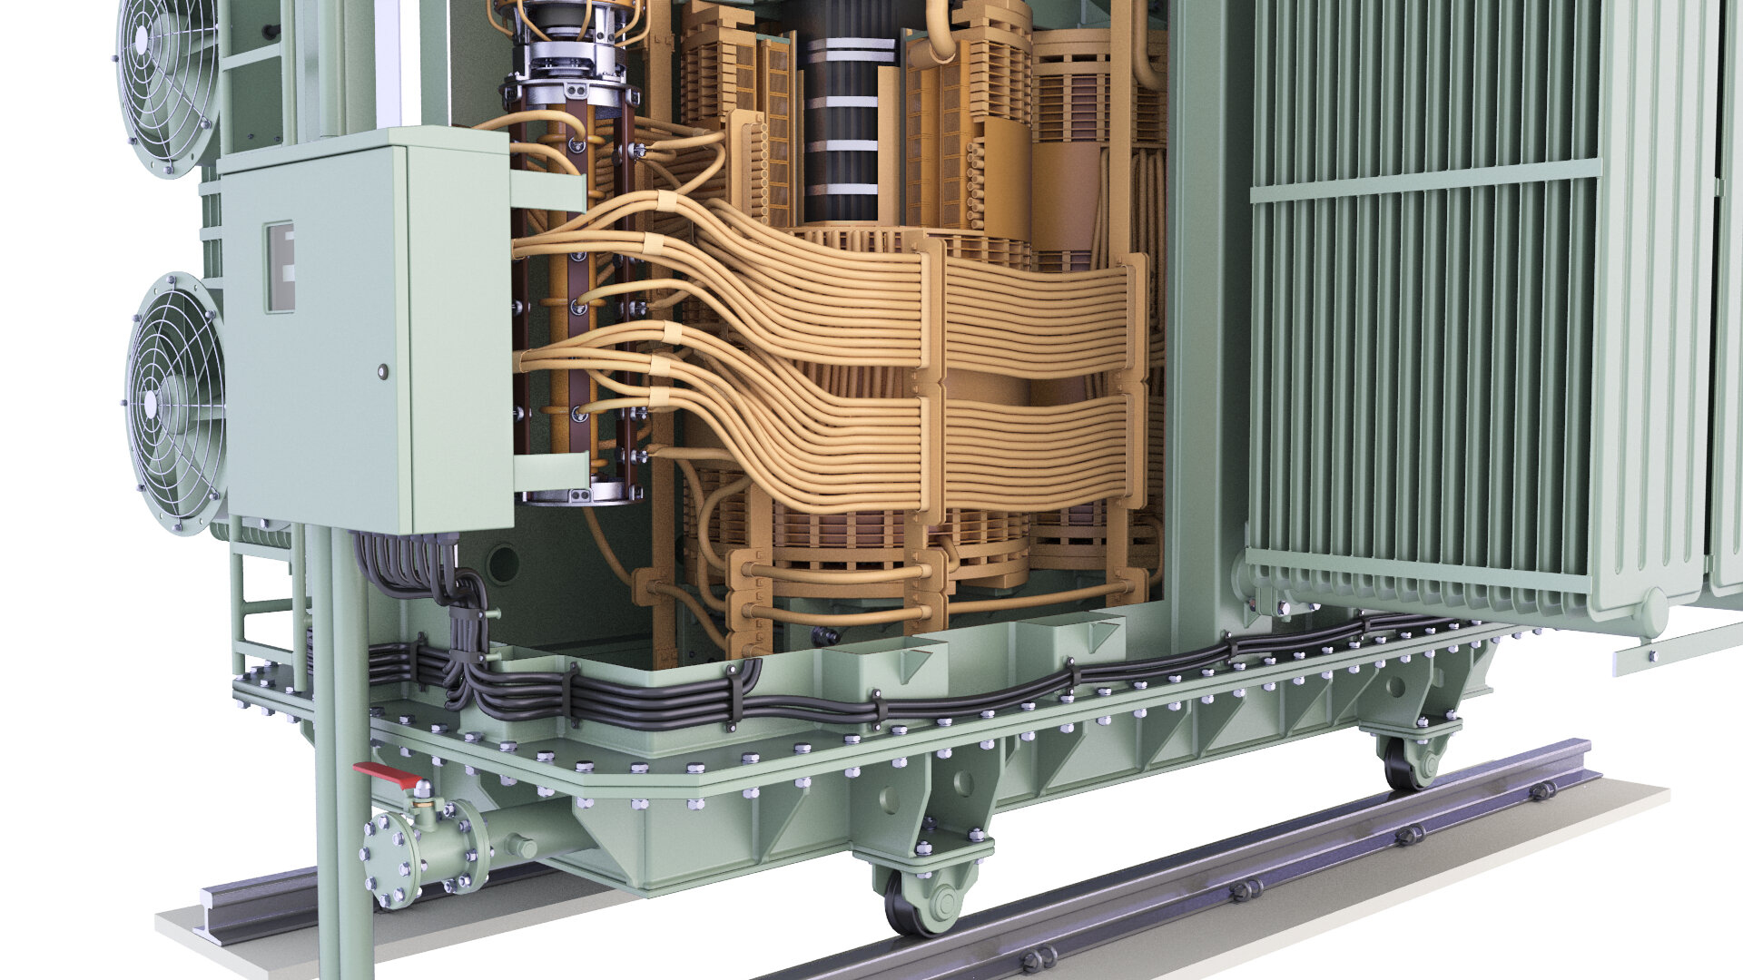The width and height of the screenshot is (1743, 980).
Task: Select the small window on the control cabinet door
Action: pyautogui.click(x=280, y=267)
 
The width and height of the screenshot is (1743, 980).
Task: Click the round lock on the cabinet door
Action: pyautogui.click(x=382, y=371)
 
